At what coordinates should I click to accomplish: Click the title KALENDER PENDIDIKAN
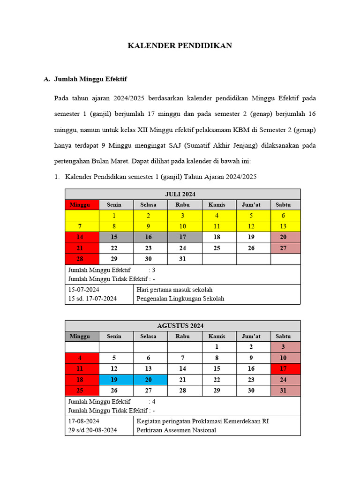pyautogui.click(x=180, y=46)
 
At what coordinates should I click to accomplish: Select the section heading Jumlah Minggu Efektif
pyautogui.click(x=90, y=79)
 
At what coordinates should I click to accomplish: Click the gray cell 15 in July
pyautogui.click(x=114, y=237)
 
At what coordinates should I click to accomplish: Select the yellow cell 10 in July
pyautogui.click(x=183, y=226)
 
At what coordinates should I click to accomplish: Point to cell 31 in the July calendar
pyautogui.click(x=183, y=259)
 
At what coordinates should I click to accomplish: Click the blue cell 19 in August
pyautogui.click(x=114, y=380)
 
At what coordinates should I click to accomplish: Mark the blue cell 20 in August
pyautogui.click(x=149, y=380)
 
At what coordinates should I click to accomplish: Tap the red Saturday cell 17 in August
pyautogui.click(x=283, y=369)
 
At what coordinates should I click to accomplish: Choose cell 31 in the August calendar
pyautogui.click(x=283, y=390)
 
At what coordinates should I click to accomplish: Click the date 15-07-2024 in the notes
pyautogui.click(x=84, y=290)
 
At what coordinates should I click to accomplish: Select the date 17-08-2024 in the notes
pyautogui.click(x=84, y=421)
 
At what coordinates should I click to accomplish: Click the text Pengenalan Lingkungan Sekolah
pyautogui.click(x=180, y=299)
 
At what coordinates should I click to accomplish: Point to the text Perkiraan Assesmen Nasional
pyautogui.click(x=176, y=430)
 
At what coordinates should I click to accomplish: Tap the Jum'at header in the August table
pyautogui.click(x=251, y=336)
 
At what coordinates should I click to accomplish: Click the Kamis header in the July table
pyautogui.click(x=217, y=205)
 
